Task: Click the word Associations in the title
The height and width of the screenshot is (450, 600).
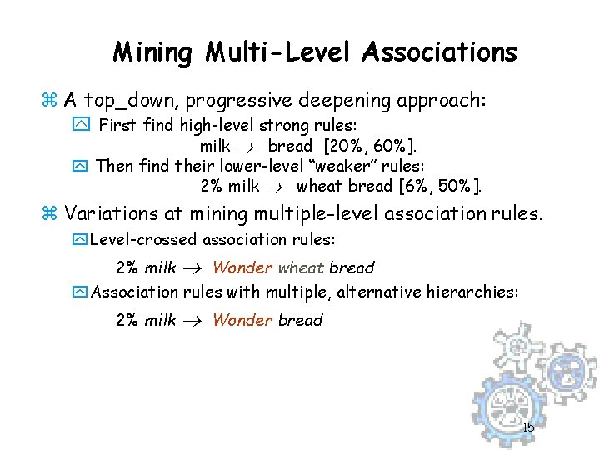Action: pos(439,53)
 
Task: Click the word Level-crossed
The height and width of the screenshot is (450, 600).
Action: pos(139,240)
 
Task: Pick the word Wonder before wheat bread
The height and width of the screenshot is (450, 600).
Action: pos(242,267)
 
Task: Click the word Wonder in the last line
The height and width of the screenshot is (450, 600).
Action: pos(242,320)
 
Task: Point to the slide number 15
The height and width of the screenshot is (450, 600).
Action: pos(528,428)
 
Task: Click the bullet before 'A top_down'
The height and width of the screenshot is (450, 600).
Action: pos(47,102)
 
